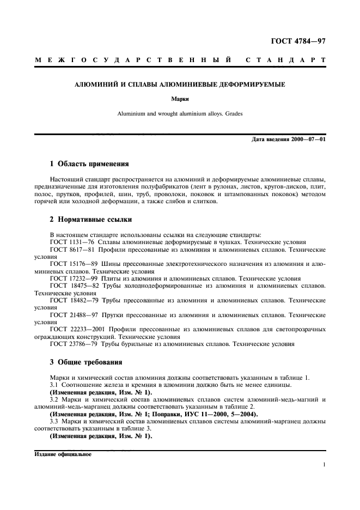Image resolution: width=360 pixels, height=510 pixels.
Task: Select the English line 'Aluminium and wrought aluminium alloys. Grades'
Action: (x=180, y=114)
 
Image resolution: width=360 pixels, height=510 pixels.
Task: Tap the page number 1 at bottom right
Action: (x=324, y=465)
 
